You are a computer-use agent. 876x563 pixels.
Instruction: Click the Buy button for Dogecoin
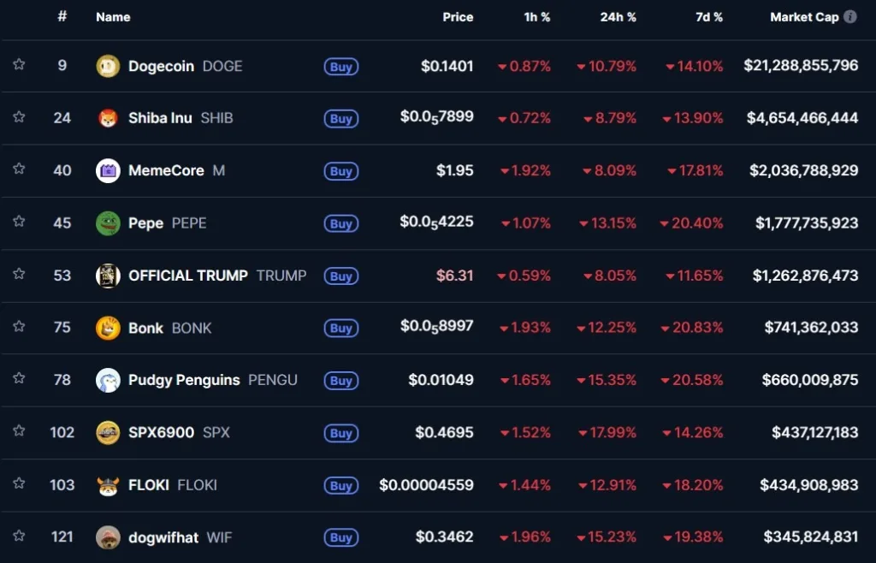[340, 67]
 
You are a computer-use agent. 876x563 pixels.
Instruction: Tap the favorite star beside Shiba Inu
[19, 117]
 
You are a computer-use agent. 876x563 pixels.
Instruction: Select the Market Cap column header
[804, 17]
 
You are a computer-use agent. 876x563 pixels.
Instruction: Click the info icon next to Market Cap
[850, 17]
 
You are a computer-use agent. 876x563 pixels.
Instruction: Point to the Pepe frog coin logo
[108, 223]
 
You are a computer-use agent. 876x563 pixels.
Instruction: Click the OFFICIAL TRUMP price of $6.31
[454, 276]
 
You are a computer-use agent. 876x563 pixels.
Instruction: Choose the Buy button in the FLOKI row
[340, 486]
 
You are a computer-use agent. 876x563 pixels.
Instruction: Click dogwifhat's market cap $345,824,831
[810, 537]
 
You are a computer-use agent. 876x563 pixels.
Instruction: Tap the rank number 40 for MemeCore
[62, 170]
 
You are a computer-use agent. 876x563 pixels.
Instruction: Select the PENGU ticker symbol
[273, 380]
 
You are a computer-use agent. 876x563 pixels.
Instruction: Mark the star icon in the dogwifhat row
[19, 536]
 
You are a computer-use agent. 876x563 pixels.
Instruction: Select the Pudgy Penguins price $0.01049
[441, 380]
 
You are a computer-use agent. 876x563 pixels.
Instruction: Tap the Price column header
[458, 17]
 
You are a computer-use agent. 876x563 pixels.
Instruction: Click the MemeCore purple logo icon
[108, 171]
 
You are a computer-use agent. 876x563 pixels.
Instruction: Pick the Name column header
[113, 17]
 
